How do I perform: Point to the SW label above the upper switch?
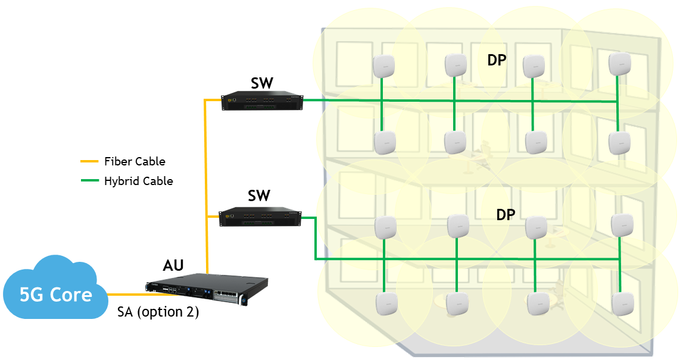tap(261, 83)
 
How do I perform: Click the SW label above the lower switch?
tap(259, 195)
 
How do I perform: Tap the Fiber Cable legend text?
tap(135, 161)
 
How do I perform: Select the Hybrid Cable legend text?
tap(138, 181)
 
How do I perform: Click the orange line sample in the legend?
tap(89, 161)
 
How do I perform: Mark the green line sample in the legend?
tap(89, 181)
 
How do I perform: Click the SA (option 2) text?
tap(157, 312)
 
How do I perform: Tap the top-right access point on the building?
tap(619, 63)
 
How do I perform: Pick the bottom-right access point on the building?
tap(623, 303)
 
